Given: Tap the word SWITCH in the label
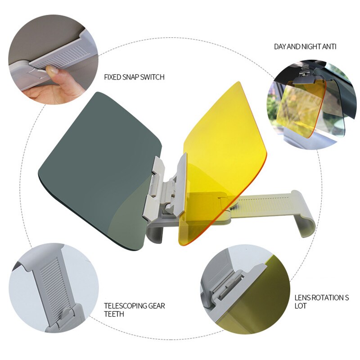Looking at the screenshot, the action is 153,77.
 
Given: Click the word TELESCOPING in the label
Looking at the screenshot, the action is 126,306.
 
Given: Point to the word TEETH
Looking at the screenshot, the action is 114,314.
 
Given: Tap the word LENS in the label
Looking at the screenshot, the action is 301,298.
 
